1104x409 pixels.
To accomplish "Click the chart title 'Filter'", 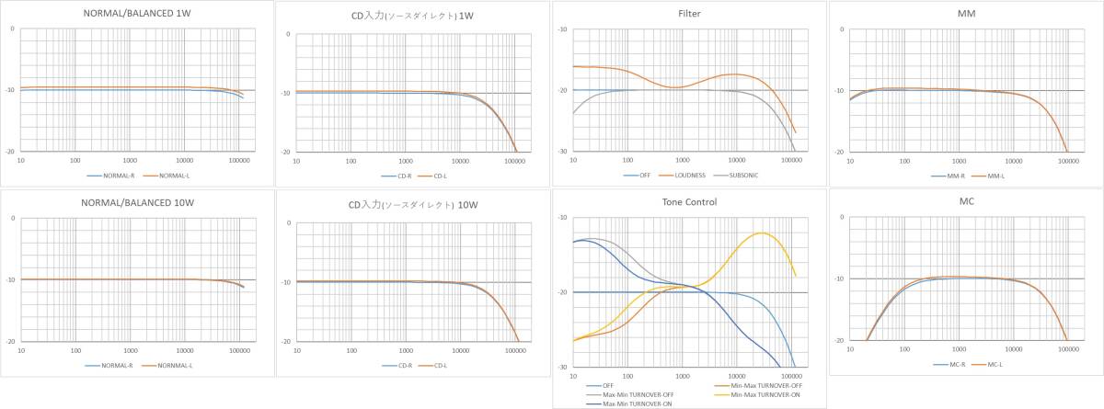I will click(x=689, y=14).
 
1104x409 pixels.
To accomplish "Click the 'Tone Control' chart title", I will click(x=689, y=202).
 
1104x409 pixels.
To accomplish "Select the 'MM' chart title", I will click(x=965, y=14).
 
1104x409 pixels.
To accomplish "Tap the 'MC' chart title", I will click(x=965, y=200).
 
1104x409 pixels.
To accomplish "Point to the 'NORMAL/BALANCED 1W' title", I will click(x=136, y=14).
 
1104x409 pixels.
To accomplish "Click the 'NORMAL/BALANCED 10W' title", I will click(x=136, y=202).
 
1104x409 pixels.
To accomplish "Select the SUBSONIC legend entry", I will click(x=742, y=175).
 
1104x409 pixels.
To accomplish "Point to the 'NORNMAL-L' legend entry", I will click(x=170, y=365).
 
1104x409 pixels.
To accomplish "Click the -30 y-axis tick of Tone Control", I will click(x=563, y=368).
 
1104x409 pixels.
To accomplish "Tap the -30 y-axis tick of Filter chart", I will click(x=563, y=151).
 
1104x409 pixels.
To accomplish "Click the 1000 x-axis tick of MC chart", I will click(x=958, y=350).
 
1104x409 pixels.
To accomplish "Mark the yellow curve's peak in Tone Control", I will click(x=762, y=233).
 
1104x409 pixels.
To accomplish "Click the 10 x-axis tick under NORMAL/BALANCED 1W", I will click(x=20, y=160).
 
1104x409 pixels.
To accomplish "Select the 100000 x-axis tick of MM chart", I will click(x=1067, y=160).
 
